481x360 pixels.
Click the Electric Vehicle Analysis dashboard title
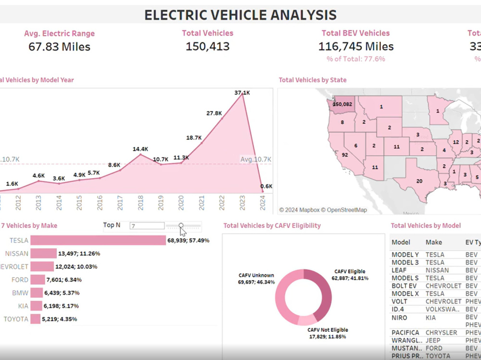pyautogui.click(x=240, y=15)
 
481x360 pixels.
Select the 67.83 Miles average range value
pyautogui.click(x=60, y=47)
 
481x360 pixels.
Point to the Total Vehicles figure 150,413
pyautogui.click(x=207, y=47)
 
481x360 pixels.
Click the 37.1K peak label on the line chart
pyautogui.click(x=242, y=92)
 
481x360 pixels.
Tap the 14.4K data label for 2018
pyautogui.click(x=140, y=149)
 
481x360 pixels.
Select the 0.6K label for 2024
pyautogui.click(x=266, y=186)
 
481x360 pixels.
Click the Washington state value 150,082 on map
pyautogui.click(x=342, y=104)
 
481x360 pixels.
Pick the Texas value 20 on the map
pyautogui.click(x=419, y=181)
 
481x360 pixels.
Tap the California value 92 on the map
pyautogui.click(x=344, y=155)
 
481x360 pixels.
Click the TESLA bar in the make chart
pyautogui.click(x=98, y=240)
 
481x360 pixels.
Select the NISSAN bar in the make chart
pyautogui.click(x=43, y=253)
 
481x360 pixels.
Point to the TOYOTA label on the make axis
pyautogui.click(x=16, y=319)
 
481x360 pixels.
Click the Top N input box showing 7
pyautogui.click(x=147, y=225)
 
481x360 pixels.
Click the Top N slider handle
pyautogui.click(x=181, y=225)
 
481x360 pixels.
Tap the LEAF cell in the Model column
pyautogui.click(x=400, y=270)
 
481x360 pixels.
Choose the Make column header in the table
pyautogui.click(x=433, y=242)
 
